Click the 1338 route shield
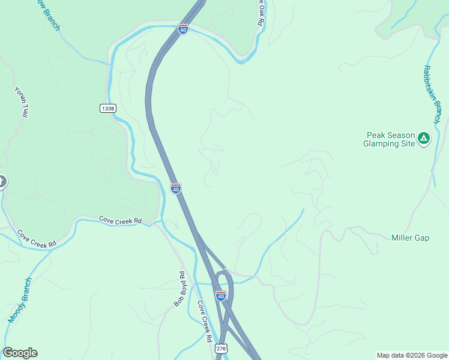[x=108, y=108]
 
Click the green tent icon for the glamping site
[x=424, y=139]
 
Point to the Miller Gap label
[x=410, y=238]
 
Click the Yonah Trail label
[x=20, y=102]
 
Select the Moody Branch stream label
[x=20, y=301]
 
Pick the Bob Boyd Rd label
[x=179, y=289]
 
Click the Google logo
[x=20, y=353]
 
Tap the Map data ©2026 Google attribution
[x=412, y=355]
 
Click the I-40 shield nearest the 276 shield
[x=221, y=296]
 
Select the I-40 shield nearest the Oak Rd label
[x=183, y=28]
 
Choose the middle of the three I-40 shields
[x=175, y=188]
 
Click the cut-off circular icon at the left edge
[x=2, y=181]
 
